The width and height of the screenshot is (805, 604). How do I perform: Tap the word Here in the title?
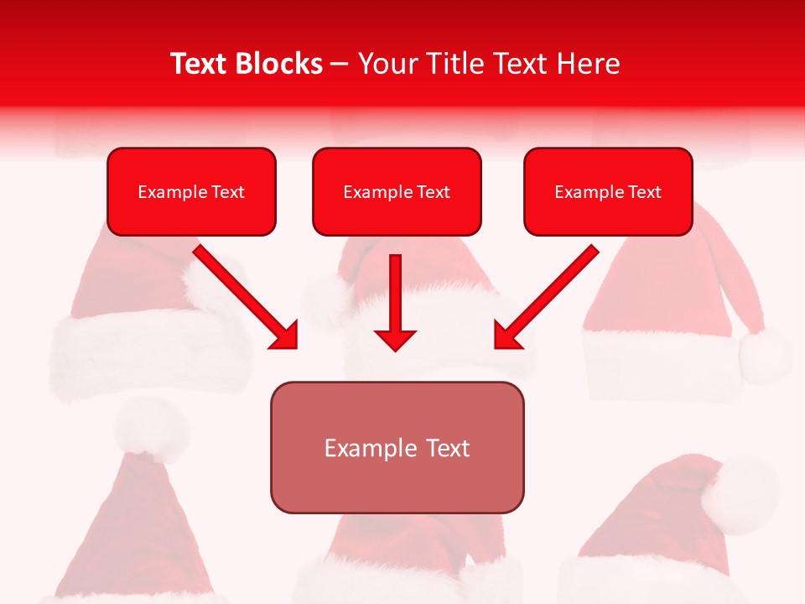584,64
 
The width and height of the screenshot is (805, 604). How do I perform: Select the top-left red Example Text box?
191,192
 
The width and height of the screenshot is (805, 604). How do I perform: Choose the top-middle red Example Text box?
397,192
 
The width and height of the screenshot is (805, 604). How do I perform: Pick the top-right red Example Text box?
608,192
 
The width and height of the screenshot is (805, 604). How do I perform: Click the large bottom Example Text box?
397,447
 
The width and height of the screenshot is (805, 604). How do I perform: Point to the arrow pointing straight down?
395,302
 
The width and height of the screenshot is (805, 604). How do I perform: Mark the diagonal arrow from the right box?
547,297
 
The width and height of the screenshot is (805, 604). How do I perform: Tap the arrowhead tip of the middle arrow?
395,347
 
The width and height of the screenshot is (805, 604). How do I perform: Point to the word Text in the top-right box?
644,192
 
